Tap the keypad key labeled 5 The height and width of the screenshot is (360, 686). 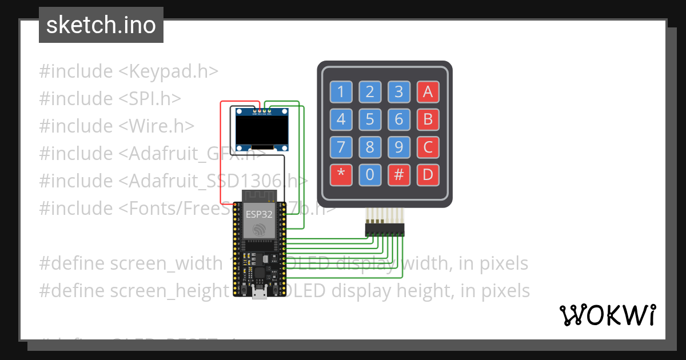[370, 119]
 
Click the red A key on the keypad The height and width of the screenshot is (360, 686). [428, 91]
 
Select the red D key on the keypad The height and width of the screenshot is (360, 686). [428, 175]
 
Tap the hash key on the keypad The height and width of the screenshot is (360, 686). [399, 175]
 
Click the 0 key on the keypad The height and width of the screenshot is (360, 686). [370, 175]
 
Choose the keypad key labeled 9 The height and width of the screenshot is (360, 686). [399, 147]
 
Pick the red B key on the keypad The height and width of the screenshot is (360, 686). [428, 119]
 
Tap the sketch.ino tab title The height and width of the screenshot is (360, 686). [101, 25]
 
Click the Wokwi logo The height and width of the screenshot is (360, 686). [607, 315]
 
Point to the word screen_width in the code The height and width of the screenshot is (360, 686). [166, 263]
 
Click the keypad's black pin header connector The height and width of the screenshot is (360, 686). [385, 230]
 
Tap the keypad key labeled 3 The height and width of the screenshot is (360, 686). [399, 91]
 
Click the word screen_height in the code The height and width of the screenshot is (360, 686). [169, 291]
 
